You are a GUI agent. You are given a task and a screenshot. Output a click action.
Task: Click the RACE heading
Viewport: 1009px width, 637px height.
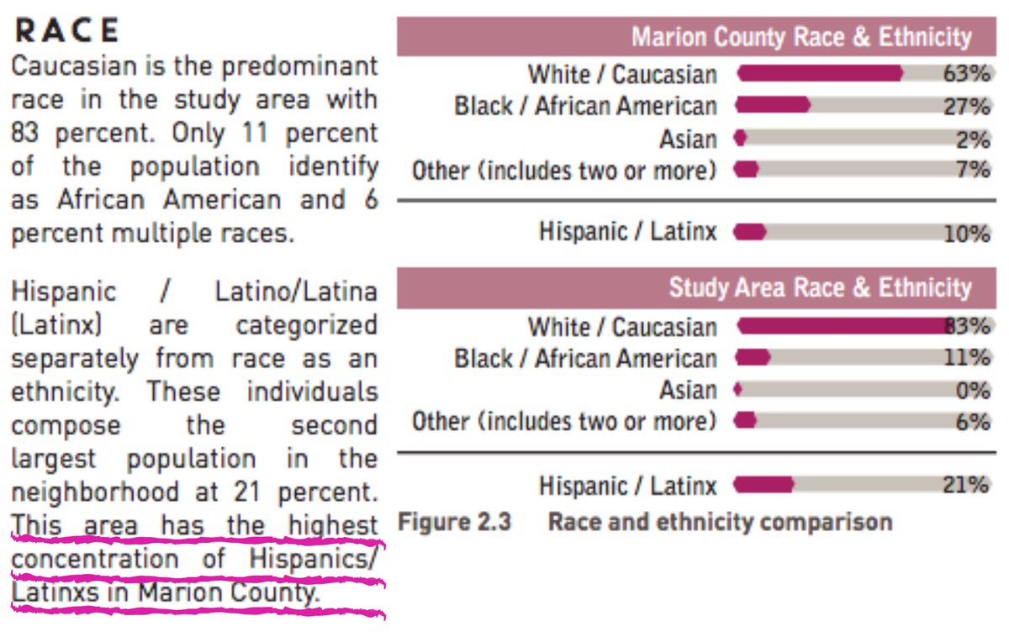click(67, 30)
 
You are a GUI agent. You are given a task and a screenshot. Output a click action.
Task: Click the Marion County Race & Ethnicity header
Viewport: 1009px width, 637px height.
click(800, 38)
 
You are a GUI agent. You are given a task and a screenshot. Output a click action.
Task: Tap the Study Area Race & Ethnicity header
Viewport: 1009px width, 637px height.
click(819, 288)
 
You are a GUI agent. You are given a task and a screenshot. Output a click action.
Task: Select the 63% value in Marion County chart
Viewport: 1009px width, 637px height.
click(966, 74)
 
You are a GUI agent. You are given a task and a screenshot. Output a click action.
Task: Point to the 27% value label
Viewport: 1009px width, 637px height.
click(966, 107)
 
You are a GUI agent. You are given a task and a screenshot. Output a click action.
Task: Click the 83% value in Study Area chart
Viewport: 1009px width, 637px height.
click(967, 326)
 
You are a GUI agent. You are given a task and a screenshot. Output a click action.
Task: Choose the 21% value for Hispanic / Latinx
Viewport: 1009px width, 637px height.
click(966, 485)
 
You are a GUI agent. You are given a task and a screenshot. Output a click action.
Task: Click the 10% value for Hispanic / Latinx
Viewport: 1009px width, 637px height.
click(966, 234)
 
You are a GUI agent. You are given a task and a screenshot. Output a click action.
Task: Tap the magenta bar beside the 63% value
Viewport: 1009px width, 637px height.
click(820, 74)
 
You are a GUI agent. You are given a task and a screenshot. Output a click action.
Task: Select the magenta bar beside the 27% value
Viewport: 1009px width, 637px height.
click(773, 106)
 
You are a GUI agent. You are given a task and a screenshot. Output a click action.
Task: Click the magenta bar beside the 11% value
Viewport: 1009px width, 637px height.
click(753, 358)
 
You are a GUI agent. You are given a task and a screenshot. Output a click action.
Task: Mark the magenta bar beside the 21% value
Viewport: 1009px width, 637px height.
click(763, 485)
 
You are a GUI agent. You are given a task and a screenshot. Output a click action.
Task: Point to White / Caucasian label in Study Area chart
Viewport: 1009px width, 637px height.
click(622, 327)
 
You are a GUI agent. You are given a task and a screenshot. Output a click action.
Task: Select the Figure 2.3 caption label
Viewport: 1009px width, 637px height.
click(454, 522)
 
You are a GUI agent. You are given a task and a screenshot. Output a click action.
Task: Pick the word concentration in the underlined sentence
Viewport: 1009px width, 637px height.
click(94, 560)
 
